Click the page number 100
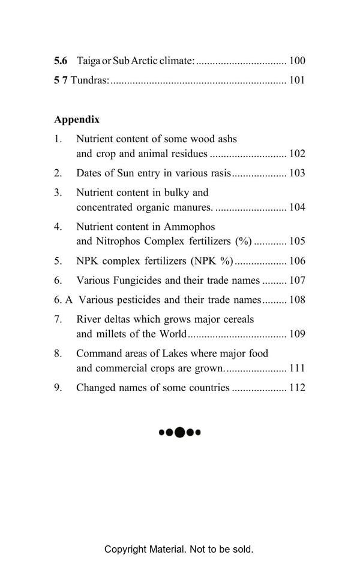point(297,61)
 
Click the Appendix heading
point(77,119)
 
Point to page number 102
point(297,154)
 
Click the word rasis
point(218,173)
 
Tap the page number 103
point(297,173)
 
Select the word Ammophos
point(189,227)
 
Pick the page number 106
point(297,261)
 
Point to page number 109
point(297,334)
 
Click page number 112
point(297,388)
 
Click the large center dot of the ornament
point(179,432)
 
